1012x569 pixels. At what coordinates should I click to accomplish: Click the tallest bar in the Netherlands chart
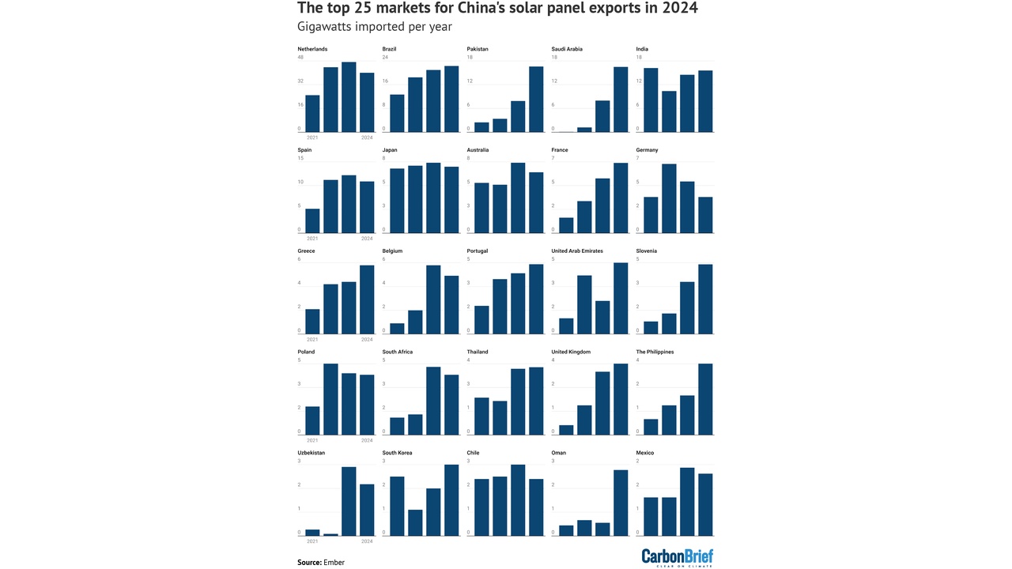coord(349,96)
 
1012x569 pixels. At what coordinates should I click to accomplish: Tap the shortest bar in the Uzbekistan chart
coord(330,534)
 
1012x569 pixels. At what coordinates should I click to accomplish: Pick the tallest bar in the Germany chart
coord(669,198)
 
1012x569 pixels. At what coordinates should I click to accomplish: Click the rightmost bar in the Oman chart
coord(621,503)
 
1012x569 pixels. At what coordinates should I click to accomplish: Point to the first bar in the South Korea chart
coord(397,506)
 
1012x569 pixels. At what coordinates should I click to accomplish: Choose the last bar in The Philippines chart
coord(705,399)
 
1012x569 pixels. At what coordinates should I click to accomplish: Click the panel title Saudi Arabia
coord(567,49)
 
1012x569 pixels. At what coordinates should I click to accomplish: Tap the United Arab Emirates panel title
coord(577,251)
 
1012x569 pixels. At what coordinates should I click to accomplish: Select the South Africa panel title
coord(398,352)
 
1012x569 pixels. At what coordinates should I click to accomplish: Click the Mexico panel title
coord(645,453)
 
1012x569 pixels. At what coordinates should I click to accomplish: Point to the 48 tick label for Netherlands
coord(300,57)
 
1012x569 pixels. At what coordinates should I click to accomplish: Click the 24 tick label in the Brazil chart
coord(385,57)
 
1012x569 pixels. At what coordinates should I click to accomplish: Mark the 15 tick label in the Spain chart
coord(300,158)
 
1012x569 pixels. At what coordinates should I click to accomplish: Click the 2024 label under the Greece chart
coord(367,339)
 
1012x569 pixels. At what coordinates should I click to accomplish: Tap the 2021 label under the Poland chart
coord(312,440)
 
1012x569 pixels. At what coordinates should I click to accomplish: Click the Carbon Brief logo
coord(677,556)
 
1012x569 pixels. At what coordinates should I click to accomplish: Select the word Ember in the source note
coord(334,563)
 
